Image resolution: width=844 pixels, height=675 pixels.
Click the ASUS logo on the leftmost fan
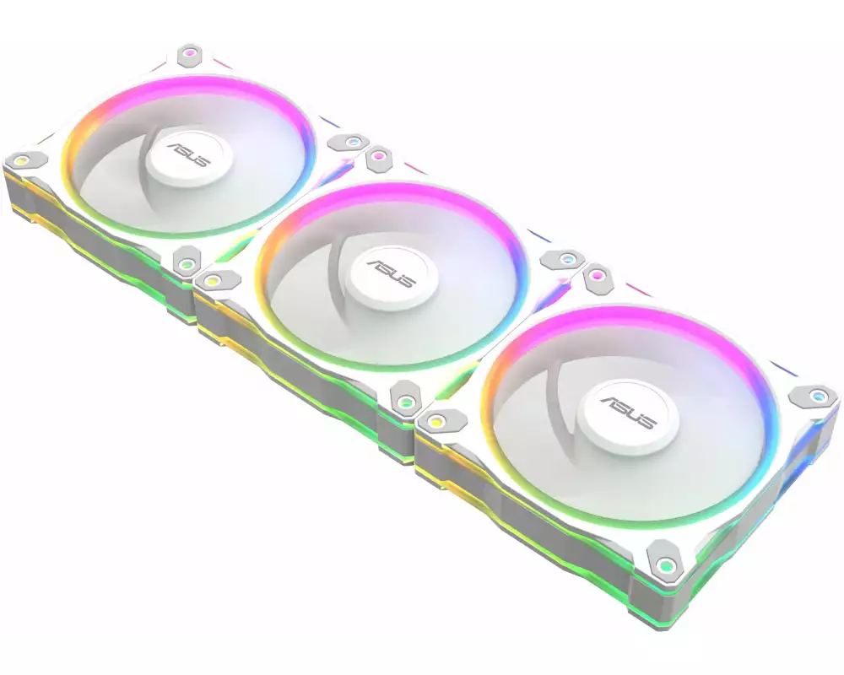[187, 157]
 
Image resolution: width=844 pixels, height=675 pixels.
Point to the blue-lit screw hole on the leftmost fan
[353, 142]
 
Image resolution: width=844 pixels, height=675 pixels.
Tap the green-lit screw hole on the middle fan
[407, 401]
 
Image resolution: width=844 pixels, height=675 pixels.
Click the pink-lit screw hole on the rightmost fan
[598, 274]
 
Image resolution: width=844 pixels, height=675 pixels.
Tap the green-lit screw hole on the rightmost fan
[667, 563]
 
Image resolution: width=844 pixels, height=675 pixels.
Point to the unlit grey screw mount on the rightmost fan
[438, 419]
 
